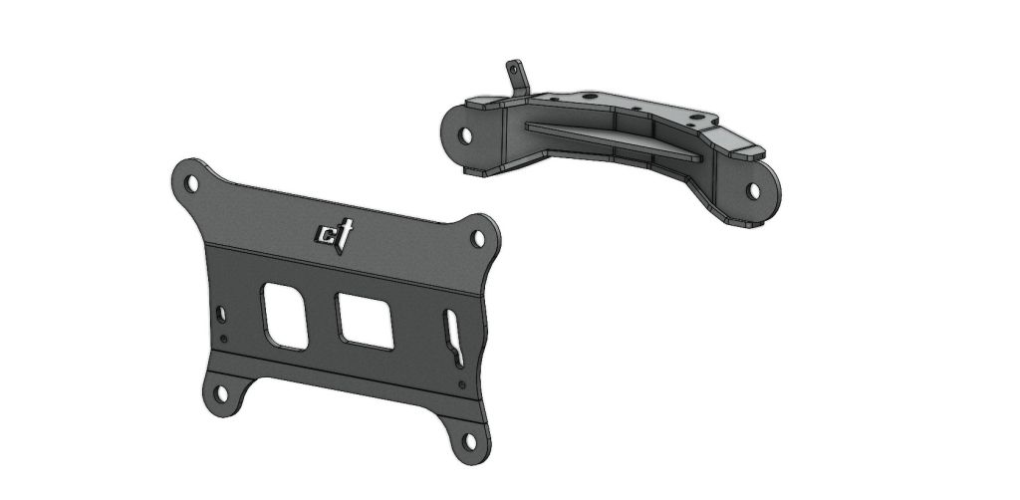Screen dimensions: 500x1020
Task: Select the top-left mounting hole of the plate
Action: click(x=189, y=181)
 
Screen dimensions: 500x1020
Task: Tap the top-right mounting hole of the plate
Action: click(x=478, y=238)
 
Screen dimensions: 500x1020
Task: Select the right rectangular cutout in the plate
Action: click(x=365, y=320)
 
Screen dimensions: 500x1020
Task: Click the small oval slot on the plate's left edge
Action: click(x=221, y=315)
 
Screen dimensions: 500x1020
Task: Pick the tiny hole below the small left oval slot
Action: click(x=223, y=340)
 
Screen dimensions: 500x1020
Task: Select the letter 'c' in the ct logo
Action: click(x=325, y=235)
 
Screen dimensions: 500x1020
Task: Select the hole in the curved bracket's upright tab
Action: click(x=514, y=69)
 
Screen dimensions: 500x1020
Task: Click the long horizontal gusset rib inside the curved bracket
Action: click(x=608, y=138)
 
